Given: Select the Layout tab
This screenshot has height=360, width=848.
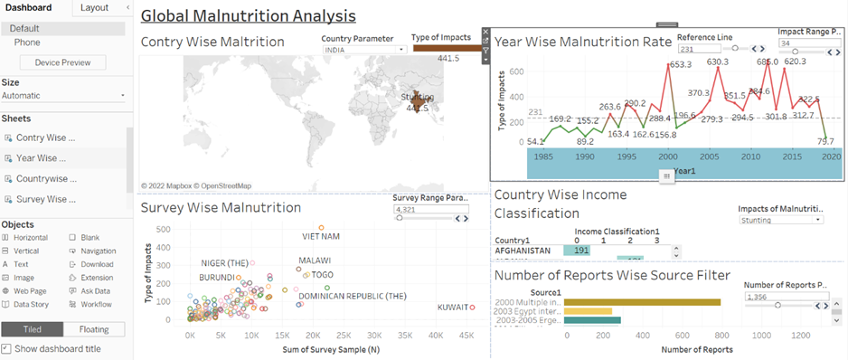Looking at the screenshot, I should tap(94, 7).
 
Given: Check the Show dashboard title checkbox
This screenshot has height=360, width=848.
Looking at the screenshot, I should tap(6, 348).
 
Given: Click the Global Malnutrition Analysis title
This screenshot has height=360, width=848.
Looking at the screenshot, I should tap(249, 15).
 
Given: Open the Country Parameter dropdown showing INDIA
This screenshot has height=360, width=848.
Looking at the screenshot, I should tap(363, 50).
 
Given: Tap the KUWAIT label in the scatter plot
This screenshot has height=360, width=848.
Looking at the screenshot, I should tap(452, 308).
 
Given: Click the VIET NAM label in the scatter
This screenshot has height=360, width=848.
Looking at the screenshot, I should tap(320, 236).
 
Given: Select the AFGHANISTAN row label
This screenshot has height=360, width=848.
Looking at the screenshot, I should tap(523, 251).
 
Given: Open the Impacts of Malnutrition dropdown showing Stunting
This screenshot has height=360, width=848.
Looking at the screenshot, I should tap(780, 219).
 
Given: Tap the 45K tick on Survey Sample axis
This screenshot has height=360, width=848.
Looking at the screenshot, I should tap(467, 335).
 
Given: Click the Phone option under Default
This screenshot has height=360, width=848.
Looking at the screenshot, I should tap(27, 43).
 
